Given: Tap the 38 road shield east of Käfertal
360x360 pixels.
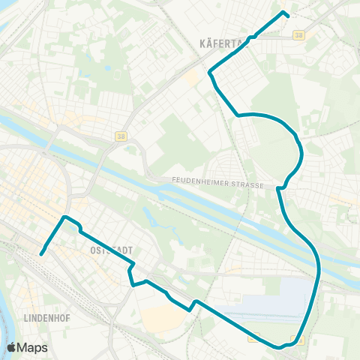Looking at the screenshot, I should pyautogui.click(x=300, y=34).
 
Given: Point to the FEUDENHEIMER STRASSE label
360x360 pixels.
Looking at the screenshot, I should pyautogui.click(x=218, y=180).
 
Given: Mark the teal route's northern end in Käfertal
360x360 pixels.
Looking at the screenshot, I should pyautogui.click(x=284, y=13).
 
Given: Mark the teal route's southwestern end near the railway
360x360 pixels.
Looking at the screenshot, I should pyautogui.click(x=40, y=253).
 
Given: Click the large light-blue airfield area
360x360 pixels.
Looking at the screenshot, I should pyautogui.click(x=277, y=300).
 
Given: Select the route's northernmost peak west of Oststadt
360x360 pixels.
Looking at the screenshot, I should pyautogui.click(x=66, y=217).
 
